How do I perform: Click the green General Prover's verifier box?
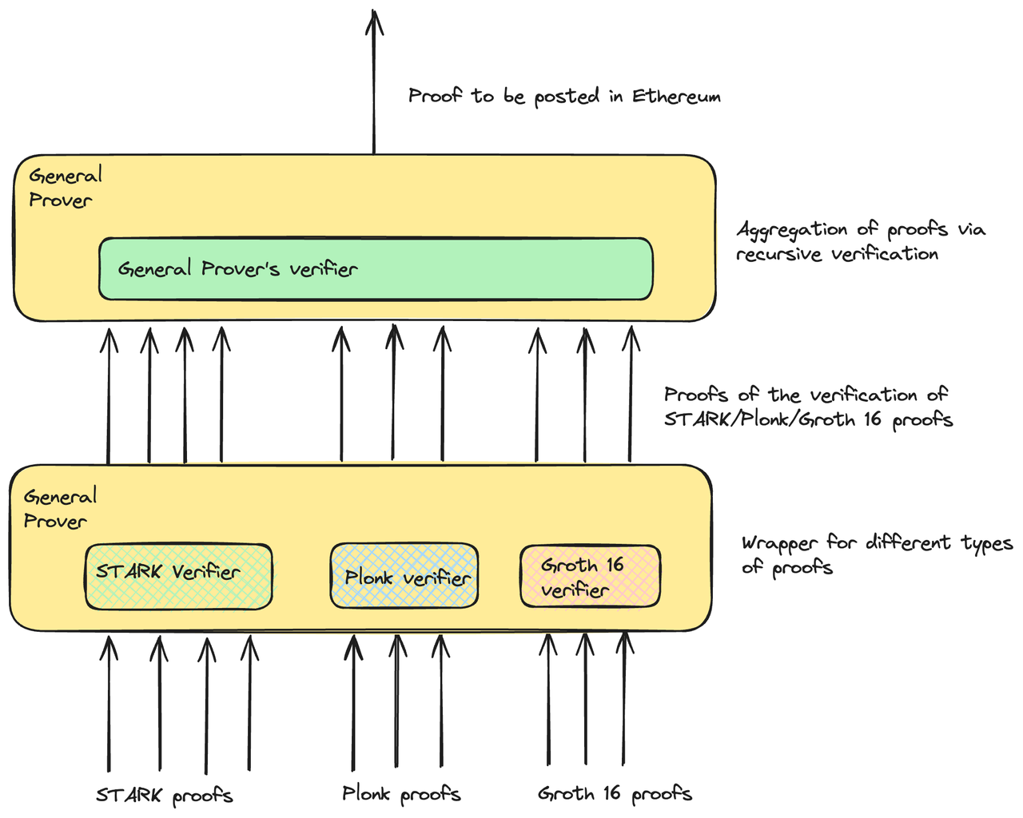pos(376,269)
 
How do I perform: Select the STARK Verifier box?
pos(178,576)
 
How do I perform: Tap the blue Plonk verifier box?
pos(404,576)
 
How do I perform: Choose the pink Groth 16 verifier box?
pos(590,576)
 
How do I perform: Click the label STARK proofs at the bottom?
pos(165,796)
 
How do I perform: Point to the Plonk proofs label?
pos(401,794)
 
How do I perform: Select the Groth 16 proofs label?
pos(615,794)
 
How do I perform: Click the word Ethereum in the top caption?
pos(676,97)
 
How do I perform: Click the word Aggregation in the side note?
pos(792,231)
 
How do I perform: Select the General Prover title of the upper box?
pos(65,188)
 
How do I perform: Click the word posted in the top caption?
pos(566,97)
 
